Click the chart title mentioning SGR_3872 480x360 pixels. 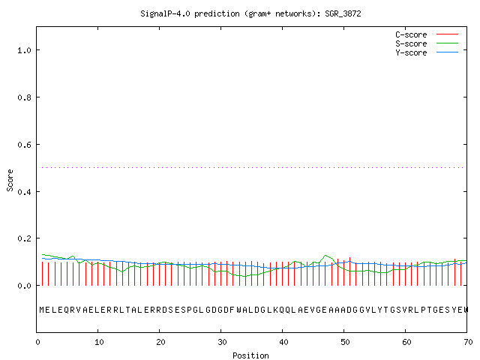250,13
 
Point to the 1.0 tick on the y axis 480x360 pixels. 25,50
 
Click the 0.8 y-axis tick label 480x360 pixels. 25,97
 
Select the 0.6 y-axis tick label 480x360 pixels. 25,145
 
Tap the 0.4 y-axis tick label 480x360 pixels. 25,192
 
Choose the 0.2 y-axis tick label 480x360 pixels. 25,238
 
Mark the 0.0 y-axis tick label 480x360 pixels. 25,286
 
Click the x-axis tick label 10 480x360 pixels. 99,342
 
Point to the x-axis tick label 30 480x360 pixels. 222,342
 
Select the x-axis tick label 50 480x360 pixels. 345,342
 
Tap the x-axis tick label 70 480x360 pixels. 468,342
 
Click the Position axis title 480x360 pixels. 250,355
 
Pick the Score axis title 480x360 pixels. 10,180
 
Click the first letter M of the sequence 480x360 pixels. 42,310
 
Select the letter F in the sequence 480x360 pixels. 232,310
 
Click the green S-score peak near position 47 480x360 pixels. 325,255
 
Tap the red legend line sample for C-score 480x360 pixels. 447,34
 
